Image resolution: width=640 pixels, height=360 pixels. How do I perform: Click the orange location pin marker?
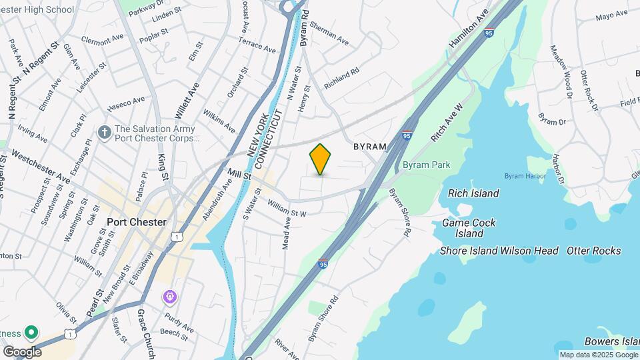321,159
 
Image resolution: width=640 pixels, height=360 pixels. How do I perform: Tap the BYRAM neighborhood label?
369,146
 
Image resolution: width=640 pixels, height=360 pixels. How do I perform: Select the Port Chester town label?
136,222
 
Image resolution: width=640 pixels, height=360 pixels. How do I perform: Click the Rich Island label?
473,193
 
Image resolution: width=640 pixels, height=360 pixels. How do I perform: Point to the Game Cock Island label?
469,228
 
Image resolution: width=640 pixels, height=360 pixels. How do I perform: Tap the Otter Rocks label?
593,251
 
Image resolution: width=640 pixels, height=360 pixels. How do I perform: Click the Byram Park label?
426,165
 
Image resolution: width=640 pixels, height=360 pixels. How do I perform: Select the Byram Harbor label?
525,176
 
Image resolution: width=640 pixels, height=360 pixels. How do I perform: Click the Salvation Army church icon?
103,132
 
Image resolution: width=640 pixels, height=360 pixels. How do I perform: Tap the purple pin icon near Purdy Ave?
170,295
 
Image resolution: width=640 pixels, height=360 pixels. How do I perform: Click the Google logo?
22,351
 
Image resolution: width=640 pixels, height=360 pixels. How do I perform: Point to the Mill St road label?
238,174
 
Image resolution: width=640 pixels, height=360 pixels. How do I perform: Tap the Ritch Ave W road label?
447,123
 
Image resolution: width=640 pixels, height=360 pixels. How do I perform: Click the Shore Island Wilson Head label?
499,251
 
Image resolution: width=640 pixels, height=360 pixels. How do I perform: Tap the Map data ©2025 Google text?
598,355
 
